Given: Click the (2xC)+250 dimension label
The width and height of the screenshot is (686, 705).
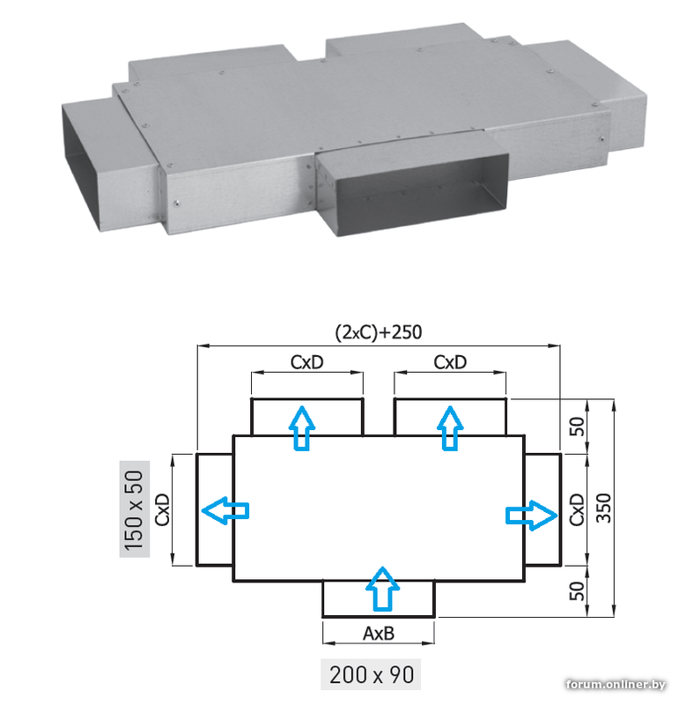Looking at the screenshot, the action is pyautogui.click(x=379, y=333).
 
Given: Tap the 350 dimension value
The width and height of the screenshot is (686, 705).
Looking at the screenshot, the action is pyautogui.click(x=604, y=508).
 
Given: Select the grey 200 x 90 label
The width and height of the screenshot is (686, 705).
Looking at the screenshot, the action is pyautogui.click(x=371, y=675).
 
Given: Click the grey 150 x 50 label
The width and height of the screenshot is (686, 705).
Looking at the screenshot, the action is pyautogui.click(x=135, y=509).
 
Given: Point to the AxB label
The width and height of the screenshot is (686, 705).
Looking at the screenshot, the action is pyautogui.click(x=379, y=634).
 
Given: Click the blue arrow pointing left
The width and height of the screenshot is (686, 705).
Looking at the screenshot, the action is pyautogui.click(x=225, y=510).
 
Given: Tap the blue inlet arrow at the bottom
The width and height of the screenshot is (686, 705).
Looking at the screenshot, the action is pyautogui.click(x=382, y=589).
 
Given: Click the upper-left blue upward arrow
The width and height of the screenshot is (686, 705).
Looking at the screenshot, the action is pyautogui.click(x=302, y=428).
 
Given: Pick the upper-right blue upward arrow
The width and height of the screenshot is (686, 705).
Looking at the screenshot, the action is pyautogui.click(x=450, y=428).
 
